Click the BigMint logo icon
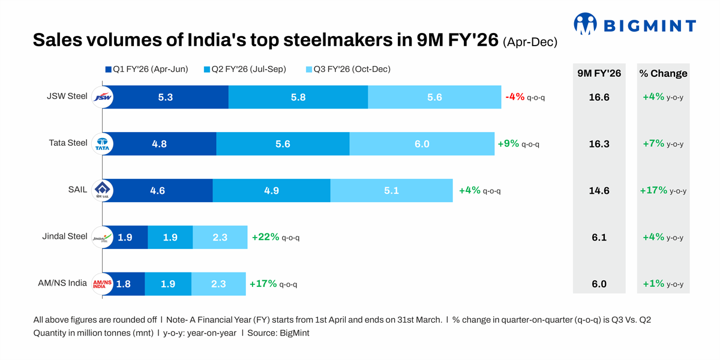click(585, 24)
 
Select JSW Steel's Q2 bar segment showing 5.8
click(298, 97)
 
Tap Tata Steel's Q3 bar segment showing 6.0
click(422, 144)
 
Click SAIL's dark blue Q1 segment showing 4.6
click(158, 191)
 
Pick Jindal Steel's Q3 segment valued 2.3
click(220, 238)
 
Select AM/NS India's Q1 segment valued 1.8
click(124, 284)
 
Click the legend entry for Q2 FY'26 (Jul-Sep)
click(245, 70)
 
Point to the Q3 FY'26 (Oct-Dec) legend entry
click(348, 70)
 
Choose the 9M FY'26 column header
click(599, 74)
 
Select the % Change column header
click(663, 74)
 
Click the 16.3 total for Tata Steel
click(599, 144)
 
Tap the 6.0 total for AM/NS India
click(599, 284)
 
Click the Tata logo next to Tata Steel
click(103, 144)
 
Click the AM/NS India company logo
click(103, 284)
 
